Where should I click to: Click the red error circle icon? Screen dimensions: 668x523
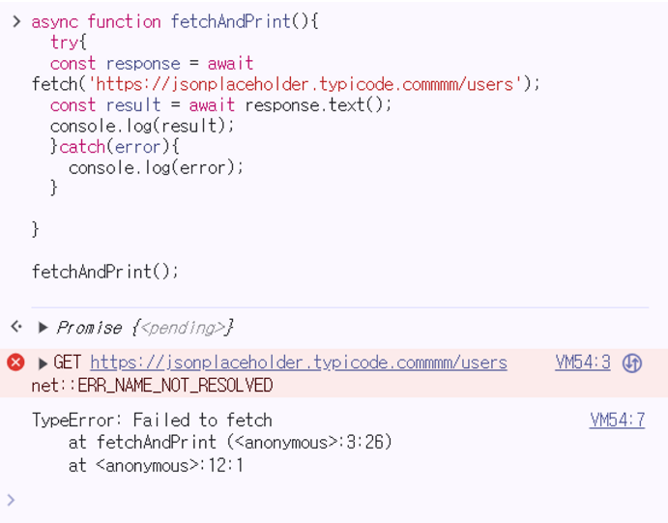pyautogui.click(x=15, y=363)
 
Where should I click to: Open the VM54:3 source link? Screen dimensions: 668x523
pyautogui.click(x=583, y=363)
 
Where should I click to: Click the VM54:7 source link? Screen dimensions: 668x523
pyautogui.click(x=617, y=420)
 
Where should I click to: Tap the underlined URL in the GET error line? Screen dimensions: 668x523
pyautogui.click(x=299, y=363)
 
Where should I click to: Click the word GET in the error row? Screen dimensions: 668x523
pyautogui.click(x=68, y=363)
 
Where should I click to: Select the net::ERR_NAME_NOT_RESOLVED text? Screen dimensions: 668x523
pyautogui.click(x=152, y=385)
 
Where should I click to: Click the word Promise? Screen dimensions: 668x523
pyautogui.click(x=89, y=328)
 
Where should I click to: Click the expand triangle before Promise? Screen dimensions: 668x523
pyautogui.click(x=43, y=328)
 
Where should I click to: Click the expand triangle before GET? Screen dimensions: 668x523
pyautogui.click(x=43, y=363)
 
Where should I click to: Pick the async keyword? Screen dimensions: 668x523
pyautogui.click(x=55, y=21)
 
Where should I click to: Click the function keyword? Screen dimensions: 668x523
pyautogui.click(x=125, y=21)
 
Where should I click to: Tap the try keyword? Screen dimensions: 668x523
pyautogui.click(x=64, y=43)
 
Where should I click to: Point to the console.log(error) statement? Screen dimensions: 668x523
pyautogui.click(x=156, y=167)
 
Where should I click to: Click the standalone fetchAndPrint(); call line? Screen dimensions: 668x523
pyautogui.click(x=105, y=272)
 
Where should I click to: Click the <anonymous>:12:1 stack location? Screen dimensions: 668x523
pyautogui.click(x=169, y=465)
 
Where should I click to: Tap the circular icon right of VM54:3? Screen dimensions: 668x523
pyautogui.click(x=632, y=363)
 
